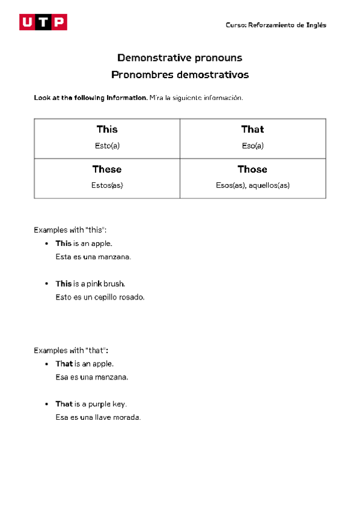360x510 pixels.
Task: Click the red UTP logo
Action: click(x=43, y=23)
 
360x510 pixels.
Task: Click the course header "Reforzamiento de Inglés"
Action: click(x=287, y=25)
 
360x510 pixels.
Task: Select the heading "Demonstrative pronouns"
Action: click(x=180, y=58)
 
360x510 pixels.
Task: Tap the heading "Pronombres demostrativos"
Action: click(x=180, y=75)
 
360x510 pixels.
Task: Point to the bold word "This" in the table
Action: click(x=107, y=129)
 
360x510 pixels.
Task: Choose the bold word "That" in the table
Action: click(x=252, y=129)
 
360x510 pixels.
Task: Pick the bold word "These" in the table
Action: click(x=107, y=169)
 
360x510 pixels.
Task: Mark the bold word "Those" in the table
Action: click(x=252, y=169)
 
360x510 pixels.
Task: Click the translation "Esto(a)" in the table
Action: click(x=107, y=146)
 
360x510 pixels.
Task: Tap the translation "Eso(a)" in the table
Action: click(x=252, y=146)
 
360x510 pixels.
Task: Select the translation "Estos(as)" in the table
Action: click(x=107, y=185)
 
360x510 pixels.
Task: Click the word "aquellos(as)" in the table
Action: click(x=269, y=185)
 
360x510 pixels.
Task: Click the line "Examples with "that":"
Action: click(x=71, y=350)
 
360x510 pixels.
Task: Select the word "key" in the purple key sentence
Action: click(x=120, y=404)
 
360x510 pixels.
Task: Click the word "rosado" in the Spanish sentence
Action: click(x=132, y=297)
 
